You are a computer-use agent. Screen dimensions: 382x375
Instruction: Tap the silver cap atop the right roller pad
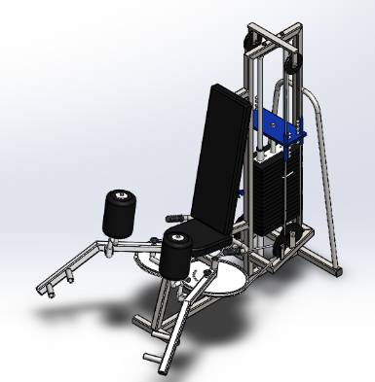176,235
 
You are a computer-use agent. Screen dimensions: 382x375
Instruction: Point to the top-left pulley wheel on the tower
249,41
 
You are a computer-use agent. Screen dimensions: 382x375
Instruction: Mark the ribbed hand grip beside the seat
176,212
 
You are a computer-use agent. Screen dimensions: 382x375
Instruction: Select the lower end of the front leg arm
157,362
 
